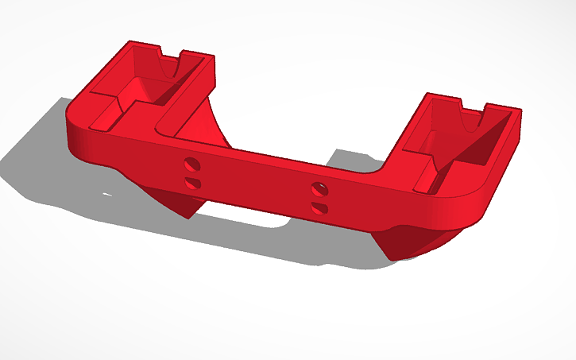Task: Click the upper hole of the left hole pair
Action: coord(191,165)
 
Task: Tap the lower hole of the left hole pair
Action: coord(191,183)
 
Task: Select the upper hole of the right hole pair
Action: coord(319,188)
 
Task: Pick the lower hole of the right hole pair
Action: coord(319,207)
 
